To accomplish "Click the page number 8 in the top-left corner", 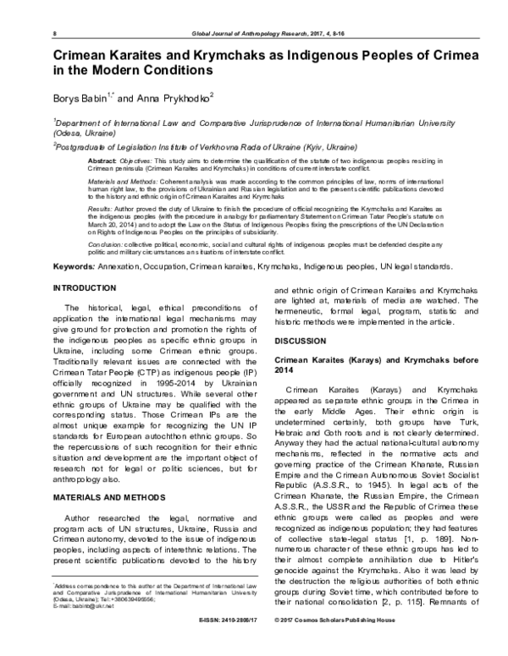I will tap(55, 33).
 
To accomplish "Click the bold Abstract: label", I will tap(102, 160).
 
